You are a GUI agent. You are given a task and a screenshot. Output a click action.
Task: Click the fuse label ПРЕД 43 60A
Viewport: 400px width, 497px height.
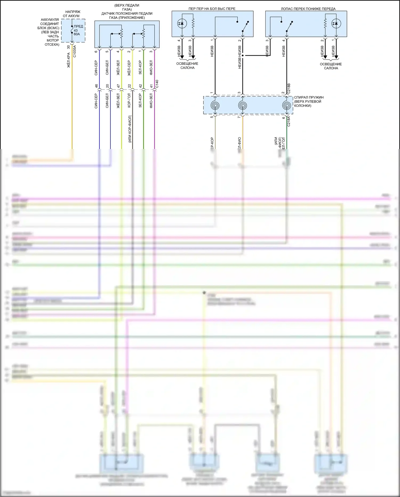[78, 30]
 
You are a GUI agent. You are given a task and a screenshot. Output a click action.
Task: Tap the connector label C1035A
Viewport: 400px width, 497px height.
[75, 51]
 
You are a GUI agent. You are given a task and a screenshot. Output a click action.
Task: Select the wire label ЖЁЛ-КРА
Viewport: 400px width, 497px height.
[69, 60]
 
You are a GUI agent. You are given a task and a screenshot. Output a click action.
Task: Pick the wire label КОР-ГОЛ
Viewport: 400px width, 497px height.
[129, 101]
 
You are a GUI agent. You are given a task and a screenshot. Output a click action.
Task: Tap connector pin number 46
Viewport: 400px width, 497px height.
[96, 86]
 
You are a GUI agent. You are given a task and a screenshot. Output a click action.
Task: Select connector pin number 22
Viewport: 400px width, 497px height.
[129, 86]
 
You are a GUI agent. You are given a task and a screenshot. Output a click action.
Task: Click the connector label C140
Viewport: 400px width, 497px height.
[157, 84]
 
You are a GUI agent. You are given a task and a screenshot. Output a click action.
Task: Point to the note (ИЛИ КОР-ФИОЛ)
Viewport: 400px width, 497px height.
[130, 129]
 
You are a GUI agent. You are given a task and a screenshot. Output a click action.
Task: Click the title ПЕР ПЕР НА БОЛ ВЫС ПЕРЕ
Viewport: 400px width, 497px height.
[212, 9]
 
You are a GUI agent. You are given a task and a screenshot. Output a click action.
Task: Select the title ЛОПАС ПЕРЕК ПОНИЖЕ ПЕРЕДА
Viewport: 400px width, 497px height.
[308, 9]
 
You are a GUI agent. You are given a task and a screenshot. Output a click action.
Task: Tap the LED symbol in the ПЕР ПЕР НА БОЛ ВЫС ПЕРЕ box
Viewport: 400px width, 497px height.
[182, 24]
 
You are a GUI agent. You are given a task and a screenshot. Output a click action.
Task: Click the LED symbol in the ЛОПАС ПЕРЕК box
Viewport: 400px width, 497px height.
[336, 24]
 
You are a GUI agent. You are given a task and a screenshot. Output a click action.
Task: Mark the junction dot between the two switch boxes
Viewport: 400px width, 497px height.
[246, 56]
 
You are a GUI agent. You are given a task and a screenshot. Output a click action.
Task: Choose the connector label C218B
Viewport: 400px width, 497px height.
[289, 89]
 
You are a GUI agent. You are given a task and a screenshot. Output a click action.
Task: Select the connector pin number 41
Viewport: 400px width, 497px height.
[151, 86]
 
